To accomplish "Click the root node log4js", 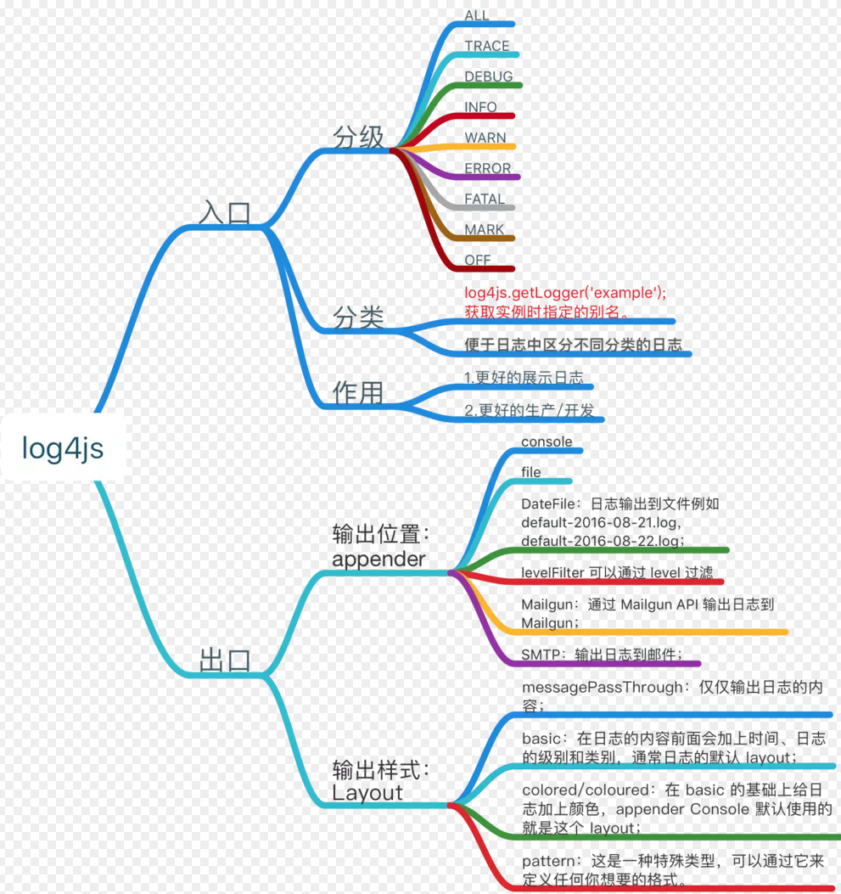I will click(63, 448).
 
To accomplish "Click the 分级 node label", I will click(358, 137).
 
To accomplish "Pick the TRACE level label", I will click(487, 46).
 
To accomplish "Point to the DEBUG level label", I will click(489, 76).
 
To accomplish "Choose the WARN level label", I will click(485, 138).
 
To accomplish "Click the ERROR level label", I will click(488, 168).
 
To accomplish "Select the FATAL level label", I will click(485, 199).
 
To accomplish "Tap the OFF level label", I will click(478, 260).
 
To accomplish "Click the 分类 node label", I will click(358, 318).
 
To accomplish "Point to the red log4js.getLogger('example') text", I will click(565, 293).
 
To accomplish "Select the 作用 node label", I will click(357, 392).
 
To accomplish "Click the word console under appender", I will click(547, 441).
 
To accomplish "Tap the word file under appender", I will click(530, 472).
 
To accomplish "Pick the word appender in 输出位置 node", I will click(378, 559).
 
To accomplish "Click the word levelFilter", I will click(552, 572).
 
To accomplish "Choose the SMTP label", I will click(541, 654).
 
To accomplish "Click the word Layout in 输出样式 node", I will click(367, 793).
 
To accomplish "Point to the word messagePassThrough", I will click(602, 687).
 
